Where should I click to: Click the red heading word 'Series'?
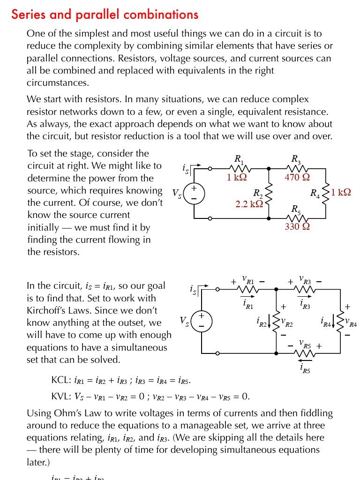pos(28,15)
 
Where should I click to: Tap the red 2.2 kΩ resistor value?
pos(249,204)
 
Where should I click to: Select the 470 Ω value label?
pos(297,178)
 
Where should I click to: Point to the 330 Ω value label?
pos(297,226)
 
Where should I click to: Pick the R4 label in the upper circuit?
pos(315,193)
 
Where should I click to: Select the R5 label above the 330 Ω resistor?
pos(296,209)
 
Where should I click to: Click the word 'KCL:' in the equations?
pos(61,380)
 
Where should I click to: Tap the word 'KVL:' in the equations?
pos(61,397)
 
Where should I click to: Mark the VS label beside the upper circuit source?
pos(177,193)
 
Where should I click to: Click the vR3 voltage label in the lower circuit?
pos(305,280)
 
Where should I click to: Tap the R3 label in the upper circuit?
pos(296,160)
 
